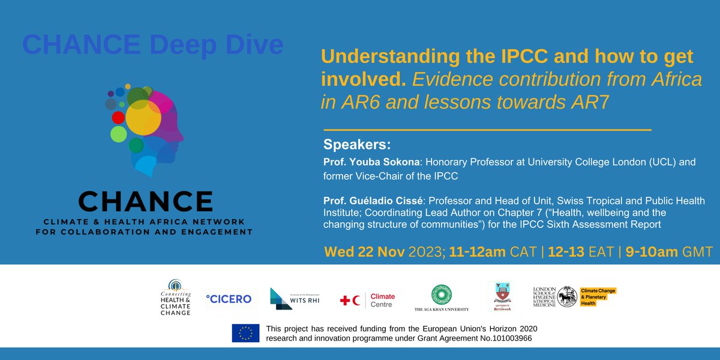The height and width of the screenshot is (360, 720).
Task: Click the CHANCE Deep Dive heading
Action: [x=153, y=45]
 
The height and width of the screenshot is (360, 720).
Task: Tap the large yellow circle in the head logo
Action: [x=143, y=119]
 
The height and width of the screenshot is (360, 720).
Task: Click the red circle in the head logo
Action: [x=118, y=118]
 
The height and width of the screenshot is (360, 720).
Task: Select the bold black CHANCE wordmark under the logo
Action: [x=145, y=201]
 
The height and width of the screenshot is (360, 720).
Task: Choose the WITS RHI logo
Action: [x=294, y=298]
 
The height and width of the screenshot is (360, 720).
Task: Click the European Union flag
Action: [x=245, y=333]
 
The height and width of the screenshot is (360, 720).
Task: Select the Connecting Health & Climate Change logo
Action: [x=175, y=296]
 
